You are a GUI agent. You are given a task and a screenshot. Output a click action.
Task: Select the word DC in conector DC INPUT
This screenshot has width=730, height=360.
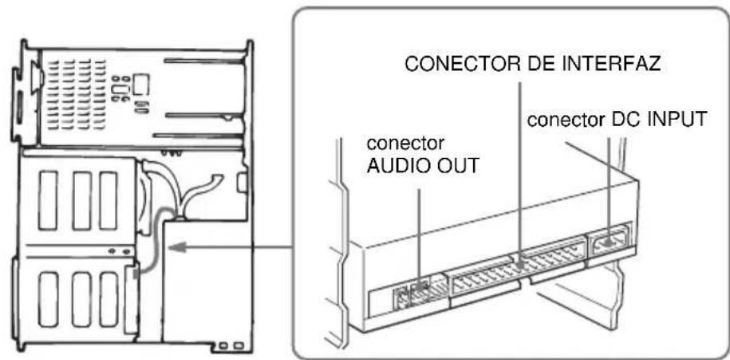coord(621,121)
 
